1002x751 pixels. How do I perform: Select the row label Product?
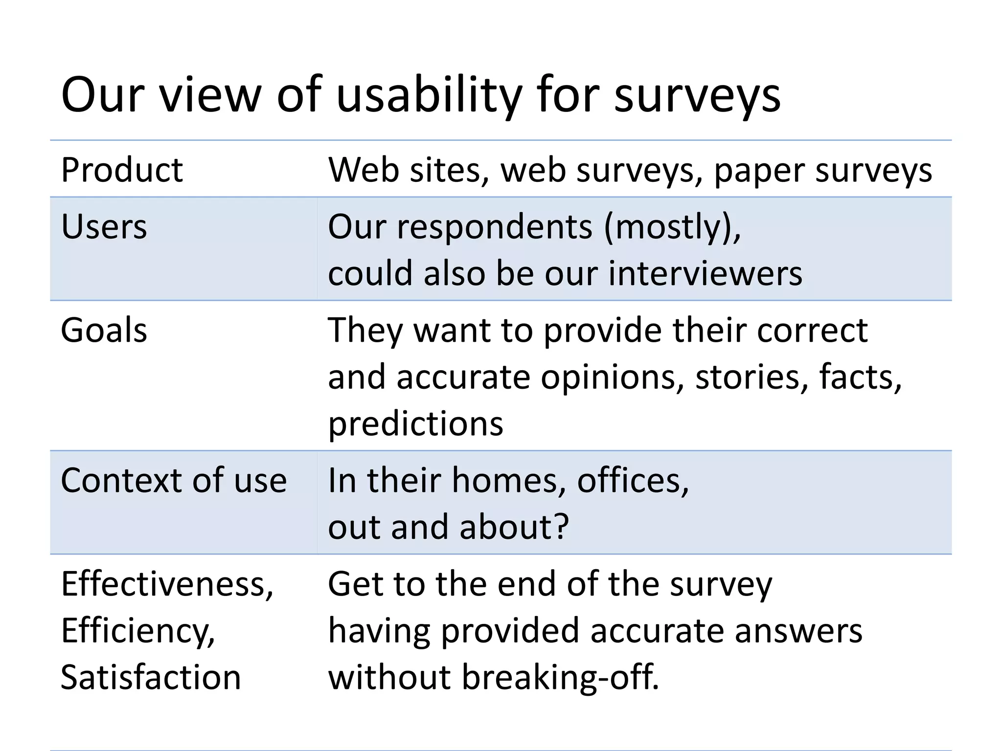[x=122, y=170]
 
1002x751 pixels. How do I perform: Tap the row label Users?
[x=104, y=227]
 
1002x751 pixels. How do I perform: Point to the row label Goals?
[x=104, y=331]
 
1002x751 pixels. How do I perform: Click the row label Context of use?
[x=173, y=480]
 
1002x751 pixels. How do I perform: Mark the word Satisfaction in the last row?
[x=151, y=678]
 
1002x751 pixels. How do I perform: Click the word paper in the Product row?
[x=759, y=171]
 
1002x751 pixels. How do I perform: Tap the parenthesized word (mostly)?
[x=672, y=227]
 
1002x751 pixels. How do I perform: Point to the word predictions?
[x=415, y=423]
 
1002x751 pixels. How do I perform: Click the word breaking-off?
[x=560, y=678]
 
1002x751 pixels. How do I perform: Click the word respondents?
[x=495, y=227]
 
